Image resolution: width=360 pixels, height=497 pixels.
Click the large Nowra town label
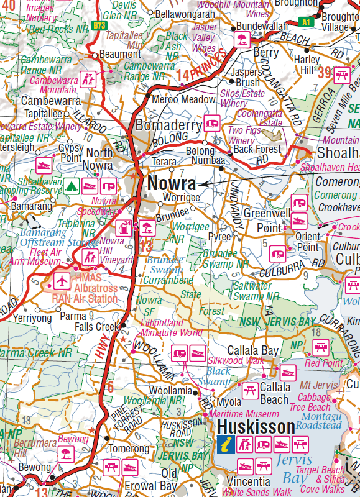[172, 184]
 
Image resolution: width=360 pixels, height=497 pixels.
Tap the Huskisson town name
[256, 427]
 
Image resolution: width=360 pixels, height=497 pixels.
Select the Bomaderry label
[169, 125]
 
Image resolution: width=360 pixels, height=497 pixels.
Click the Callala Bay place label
[252, 350]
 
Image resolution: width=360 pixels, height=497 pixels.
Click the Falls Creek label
[96, 327]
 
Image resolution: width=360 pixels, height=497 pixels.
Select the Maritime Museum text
[244, 414]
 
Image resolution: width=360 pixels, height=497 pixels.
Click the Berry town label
[265, 53]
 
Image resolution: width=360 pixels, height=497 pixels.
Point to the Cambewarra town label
[51, 101]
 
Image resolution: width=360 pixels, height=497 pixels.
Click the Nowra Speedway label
[95, 206]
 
